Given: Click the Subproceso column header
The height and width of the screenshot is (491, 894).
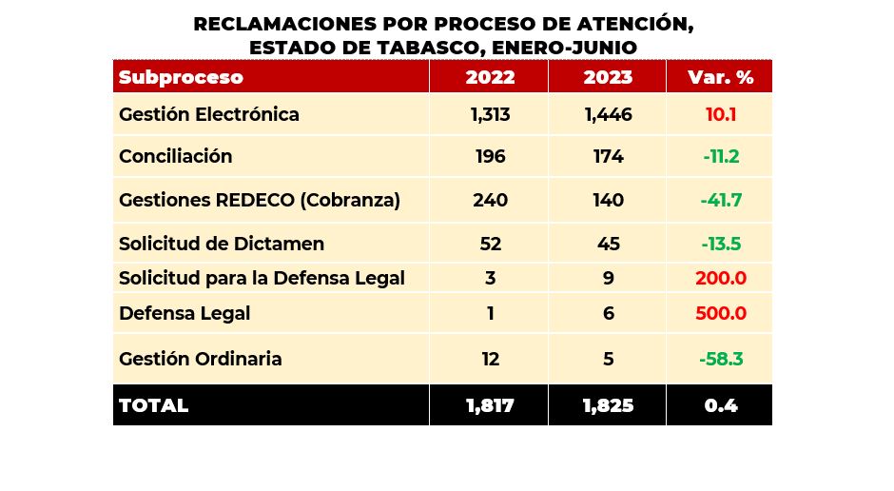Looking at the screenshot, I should (181, 77).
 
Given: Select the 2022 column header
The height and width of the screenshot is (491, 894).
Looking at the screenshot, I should (490, 77).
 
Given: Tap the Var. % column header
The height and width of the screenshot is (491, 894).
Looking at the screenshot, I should (721, 77).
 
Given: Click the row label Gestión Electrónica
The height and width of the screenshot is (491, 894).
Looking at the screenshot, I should (208, 114).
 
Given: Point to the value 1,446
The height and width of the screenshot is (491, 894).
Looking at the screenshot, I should (609, 114).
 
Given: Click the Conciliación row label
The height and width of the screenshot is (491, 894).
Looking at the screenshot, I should (175, 156).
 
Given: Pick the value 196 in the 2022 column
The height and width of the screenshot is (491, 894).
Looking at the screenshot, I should (490, 156).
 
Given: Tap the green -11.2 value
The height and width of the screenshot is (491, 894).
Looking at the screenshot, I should (721, 156).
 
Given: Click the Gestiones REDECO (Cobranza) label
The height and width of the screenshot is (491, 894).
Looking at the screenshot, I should (259, 200).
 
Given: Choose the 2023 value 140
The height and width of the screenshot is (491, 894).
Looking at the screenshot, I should (609, 200).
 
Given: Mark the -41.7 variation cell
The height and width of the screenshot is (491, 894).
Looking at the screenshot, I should (721, 200).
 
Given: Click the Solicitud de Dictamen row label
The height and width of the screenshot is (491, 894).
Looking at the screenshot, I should (221, 244).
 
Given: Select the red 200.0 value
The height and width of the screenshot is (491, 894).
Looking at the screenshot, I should (721, 279).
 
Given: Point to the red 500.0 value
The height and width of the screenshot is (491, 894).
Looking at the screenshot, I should (721, 313).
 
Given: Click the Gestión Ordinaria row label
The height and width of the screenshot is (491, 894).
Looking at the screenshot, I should (200, 359).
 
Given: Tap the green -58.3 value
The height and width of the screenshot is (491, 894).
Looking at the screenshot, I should (721, 359).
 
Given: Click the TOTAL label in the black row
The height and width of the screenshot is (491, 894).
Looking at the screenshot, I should (153, 405).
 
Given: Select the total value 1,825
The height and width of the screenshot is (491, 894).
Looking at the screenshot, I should (609, 405).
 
